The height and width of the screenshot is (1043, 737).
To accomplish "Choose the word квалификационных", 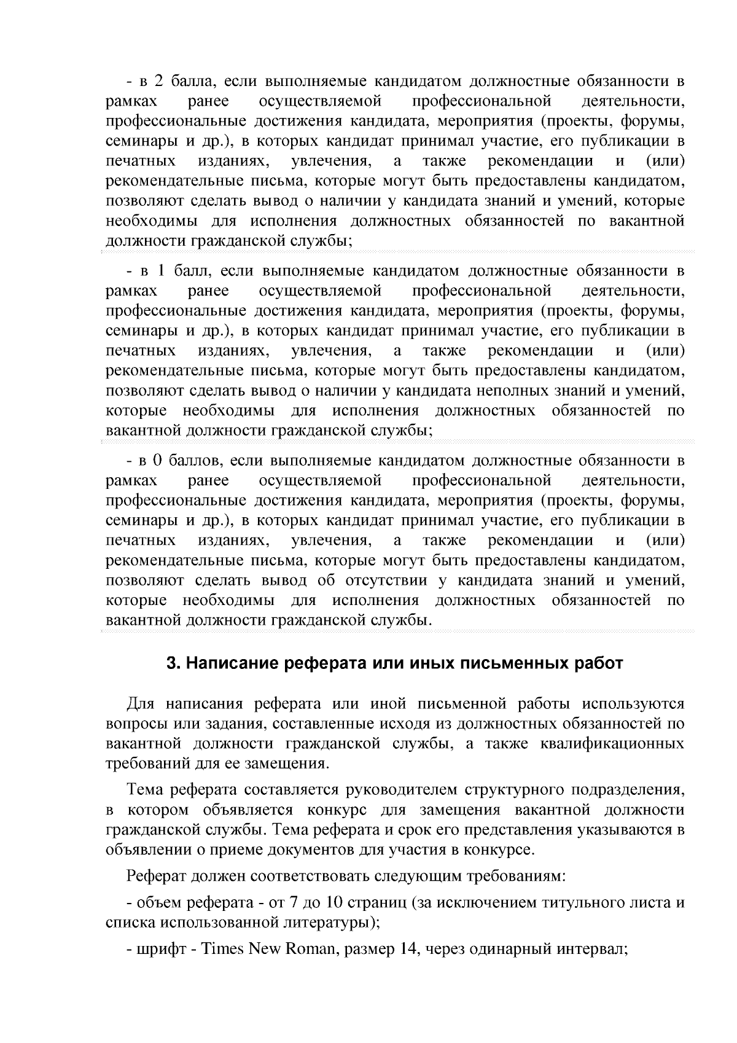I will click(x=612, y=744).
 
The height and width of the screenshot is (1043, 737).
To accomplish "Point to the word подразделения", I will click(x=628, y=789).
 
